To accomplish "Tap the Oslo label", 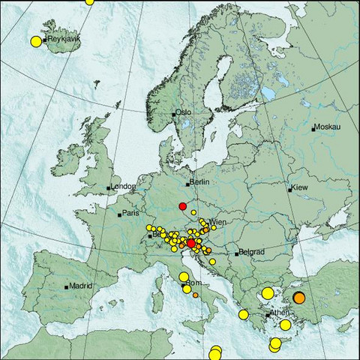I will click(x=184, y=112).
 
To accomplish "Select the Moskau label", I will click(x=327, y=128).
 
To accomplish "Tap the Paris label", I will click(x=132, y=214).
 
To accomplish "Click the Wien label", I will click(x=218, y=223).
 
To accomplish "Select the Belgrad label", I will click(x=250, y=253).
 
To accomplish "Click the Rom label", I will click(x=193, y=283).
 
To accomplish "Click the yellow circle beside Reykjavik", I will click(x=35, y=41).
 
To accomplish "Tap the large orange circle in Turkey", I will click(x=299, y=298).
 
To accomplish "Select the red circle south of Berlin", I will click(x=182, y=206).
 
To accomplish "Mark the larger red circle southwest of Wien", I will click(x=191, y=243).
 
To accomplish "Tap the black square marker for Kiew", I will click(x=289, y=190).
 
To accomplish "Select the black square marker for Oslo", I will click(x=174, y=114).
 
